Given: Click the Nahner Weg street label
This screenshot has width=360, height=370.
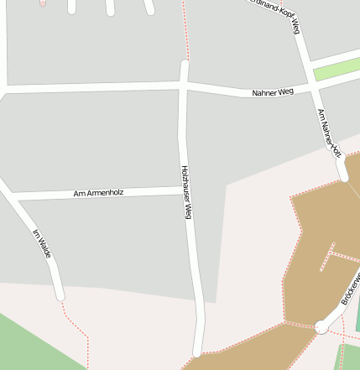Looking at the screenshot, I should click(x=274, y=91).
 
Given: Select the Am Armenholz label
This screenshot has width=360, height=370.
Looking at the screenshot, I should click(x=98, y=193).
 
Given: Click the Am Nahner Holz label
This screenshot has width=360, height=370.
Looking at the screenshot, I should click(x=329, y=133).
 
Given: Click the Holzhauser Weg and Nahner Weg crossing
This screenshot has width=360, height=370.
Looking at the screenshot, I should click(x=185, y=85).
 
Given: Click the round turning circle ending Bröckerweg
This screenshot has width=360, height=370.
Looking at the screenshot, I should click(x=321, y=327).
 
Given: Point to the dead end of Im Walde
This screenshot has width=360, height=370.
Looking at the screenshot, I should click(x=60, y=295).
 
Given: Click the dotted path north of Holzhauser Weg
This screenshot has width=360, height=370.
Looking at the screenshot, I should click(x=186, y=29).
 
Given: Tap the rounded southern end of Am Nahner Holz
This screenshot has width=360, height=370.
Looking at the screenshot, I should click(x=342, y=176).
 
